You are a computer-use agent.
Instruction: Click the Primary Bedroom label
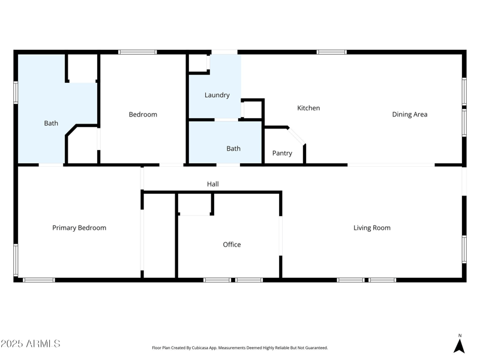pyautogui.click(x=79, y=228)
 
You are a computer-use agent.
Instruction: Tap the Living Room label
pyautogui.click(x=372, y=228)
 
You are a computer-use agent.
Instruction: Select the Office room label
pyautogui.click(x=232, y=245)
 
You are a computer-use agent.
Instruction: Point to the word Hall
pyautogui.click(x=213, y=184)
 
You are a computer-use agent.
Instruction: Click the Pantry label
pyautogui.click(x=282, y=154)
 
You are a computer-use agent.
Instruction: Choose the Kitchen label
pyautogui.click(x=308, y=108)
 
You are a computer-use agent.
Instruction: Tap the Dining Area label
pyautogui.click(x=410, y=115)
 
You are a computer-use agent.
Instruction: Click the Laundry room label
pyautogui.click(x=217, y=95)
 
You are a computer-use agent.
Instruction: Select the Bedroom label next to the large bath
pyautogui.click(x=143, y=115)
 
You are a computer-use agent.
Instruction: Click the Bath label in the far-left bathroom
pyautogui.click(x=51, y=124)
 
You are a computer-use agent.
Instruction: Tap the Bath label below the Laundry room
pyautogui.click(x=233, y=149)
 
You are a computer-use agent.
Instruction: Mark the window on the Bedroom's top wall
pyautogui.click(x=137, y=52)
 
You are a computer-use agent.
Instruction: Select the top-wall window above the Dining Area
pyautogui.click(x=331, y=52)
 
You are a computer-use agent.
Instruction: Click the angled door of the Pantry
pyautogui.click(x=297, y=136)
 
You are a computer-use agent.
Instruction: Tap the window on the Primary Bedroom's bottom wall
pyautogui.click(x=39, y=280)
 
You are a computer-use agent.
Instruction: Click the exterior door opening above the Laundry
pyautogui.click(x=224, y=52)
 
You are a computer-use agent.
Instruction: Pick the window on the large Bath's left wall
pyautogui.click(x=16, y=92)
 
